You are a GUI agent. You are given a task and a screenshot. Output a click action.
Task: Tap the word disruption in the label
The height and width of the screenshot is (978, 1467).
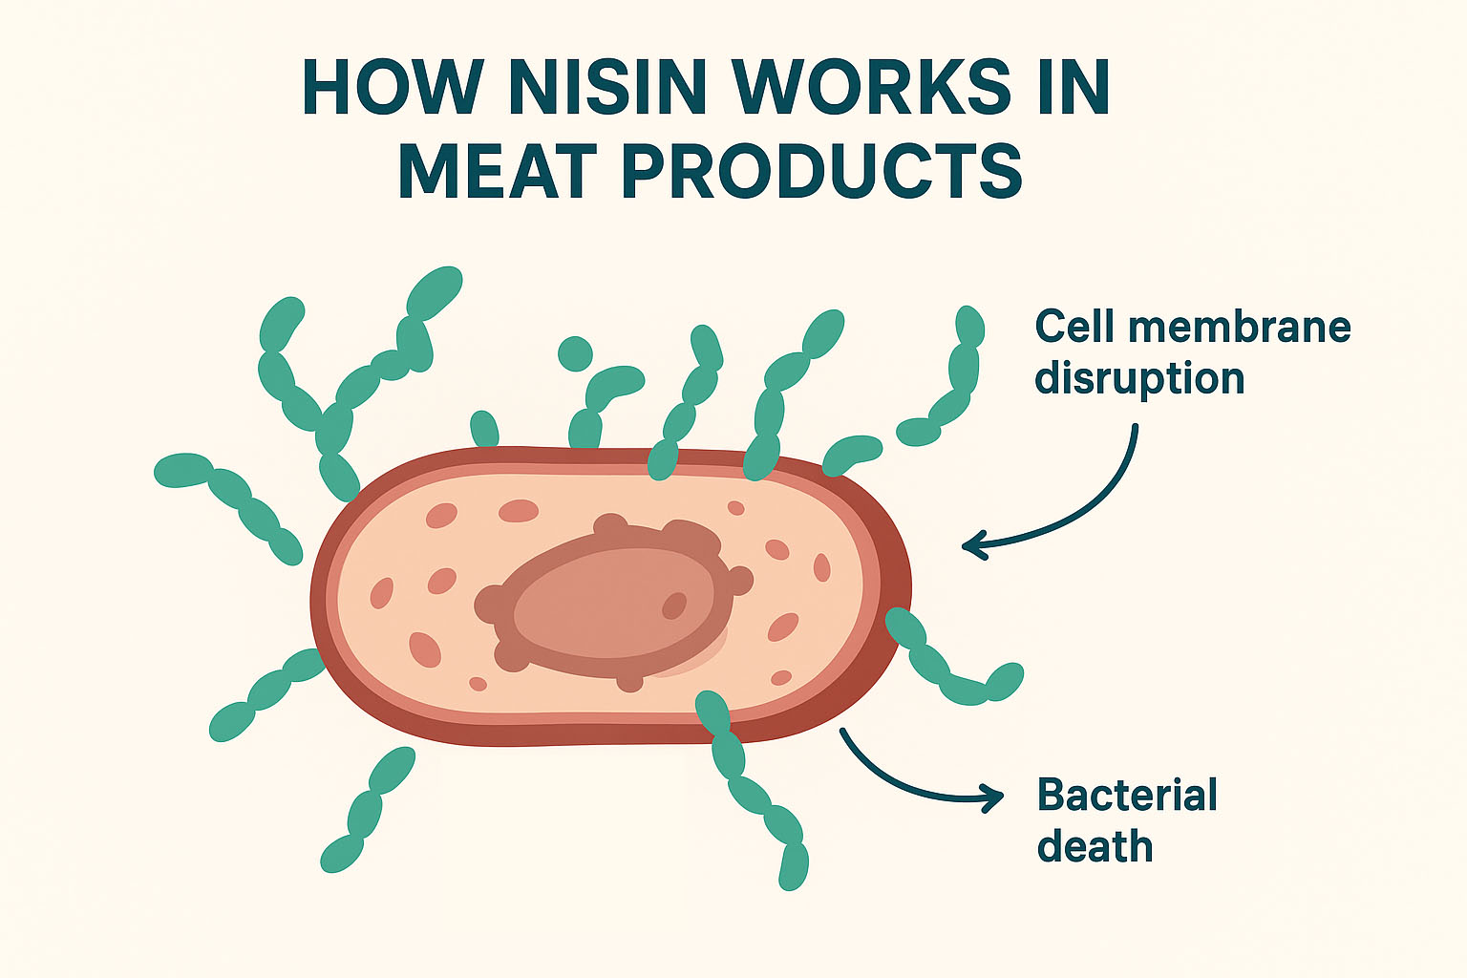tap(1139, 379)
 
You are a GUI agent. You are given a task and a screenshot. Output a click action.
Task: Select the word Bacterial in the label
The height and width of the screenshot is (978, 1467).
tap(1127, 796)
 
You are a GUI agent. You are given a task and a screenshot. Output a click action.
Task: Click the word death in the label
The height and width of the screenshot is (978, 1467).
tap(1095, 847)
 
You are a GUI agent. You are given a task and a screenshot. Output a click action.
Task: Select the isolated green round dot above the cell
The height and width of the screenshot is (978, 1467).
tap(575, 353)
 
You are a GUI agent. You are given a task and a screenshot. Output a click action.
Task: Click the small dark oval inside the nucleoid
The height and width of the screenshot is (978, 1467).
tap(674, 606)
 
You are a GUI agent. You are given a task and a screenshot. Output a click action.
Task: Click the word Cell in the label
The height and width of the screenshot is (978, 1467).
tap(1074, 328)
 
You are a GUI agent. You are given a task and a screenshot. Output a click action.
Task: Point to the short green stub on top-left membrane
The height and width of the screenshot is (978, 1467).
tap(484, 429)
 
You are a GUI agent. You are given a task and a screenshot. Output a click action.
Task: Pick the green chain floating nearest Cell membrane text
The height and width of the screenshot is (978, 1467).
tap(946, 382)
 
